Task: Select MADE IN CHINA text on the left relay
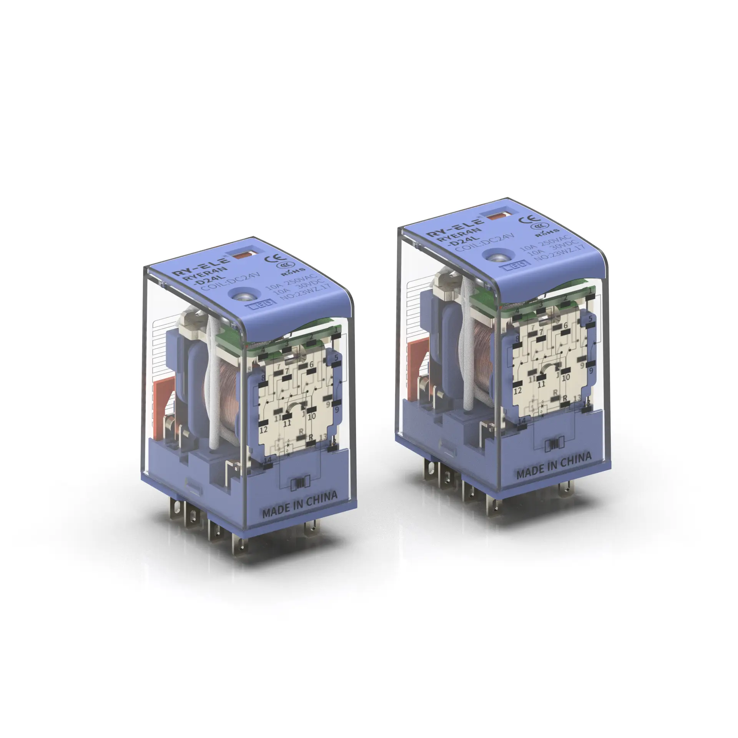pyautogui.click(x=299, y=504)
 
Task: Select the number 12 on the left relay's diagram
pyautogui.click(x=264, y=430)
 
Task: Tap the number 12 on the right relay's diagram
pyautogui.click(x=517, y=391)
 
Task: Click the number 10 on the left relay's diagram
pyautogui.click(x=312, y=416)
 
